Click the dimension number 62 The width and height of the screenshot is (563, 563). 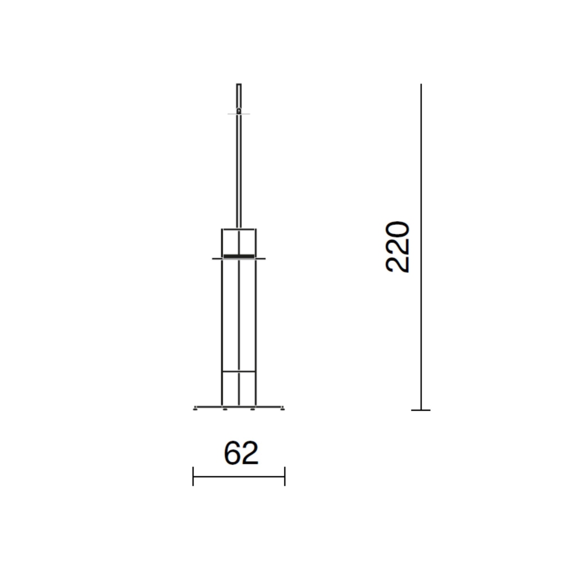pos(241,453)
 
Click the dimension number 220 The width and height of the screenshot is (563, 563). pos(398,247)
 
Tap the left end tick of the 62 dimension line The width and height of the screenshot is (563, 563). pos(193,476)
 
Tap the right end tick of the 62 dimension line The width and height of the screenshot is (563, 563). pos(285,476)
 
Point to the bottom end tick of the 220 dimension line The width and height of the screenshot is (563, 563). pos(421,410)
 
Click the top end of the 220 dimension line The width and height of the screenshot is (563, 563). pos(421,85)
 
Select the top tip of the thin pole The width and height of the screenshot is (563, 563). pos(239,84)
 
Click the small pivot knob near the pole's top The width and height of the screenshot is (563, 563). pos(239,111)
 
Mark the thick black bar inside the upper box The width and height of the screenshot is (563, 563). pos(239,256)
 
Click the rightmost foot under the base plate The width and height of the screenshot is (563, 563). pos(282,409)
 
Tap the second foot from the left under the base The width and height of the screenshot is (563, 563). pos(225,409)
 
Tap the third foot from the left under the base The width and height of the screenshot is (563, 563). pos(253,409)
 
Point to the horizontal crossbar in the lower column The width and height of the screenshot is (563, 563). pos(239,372)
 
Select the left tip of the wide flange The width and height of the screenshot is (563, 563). pos(213,258)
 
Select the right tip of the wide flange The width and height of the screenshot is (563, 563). pos(265,258)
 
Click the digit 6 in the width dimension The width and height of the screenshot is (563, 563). pos(232,453)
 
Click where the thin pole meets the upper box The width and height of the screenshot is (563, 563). pos(239,229)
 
